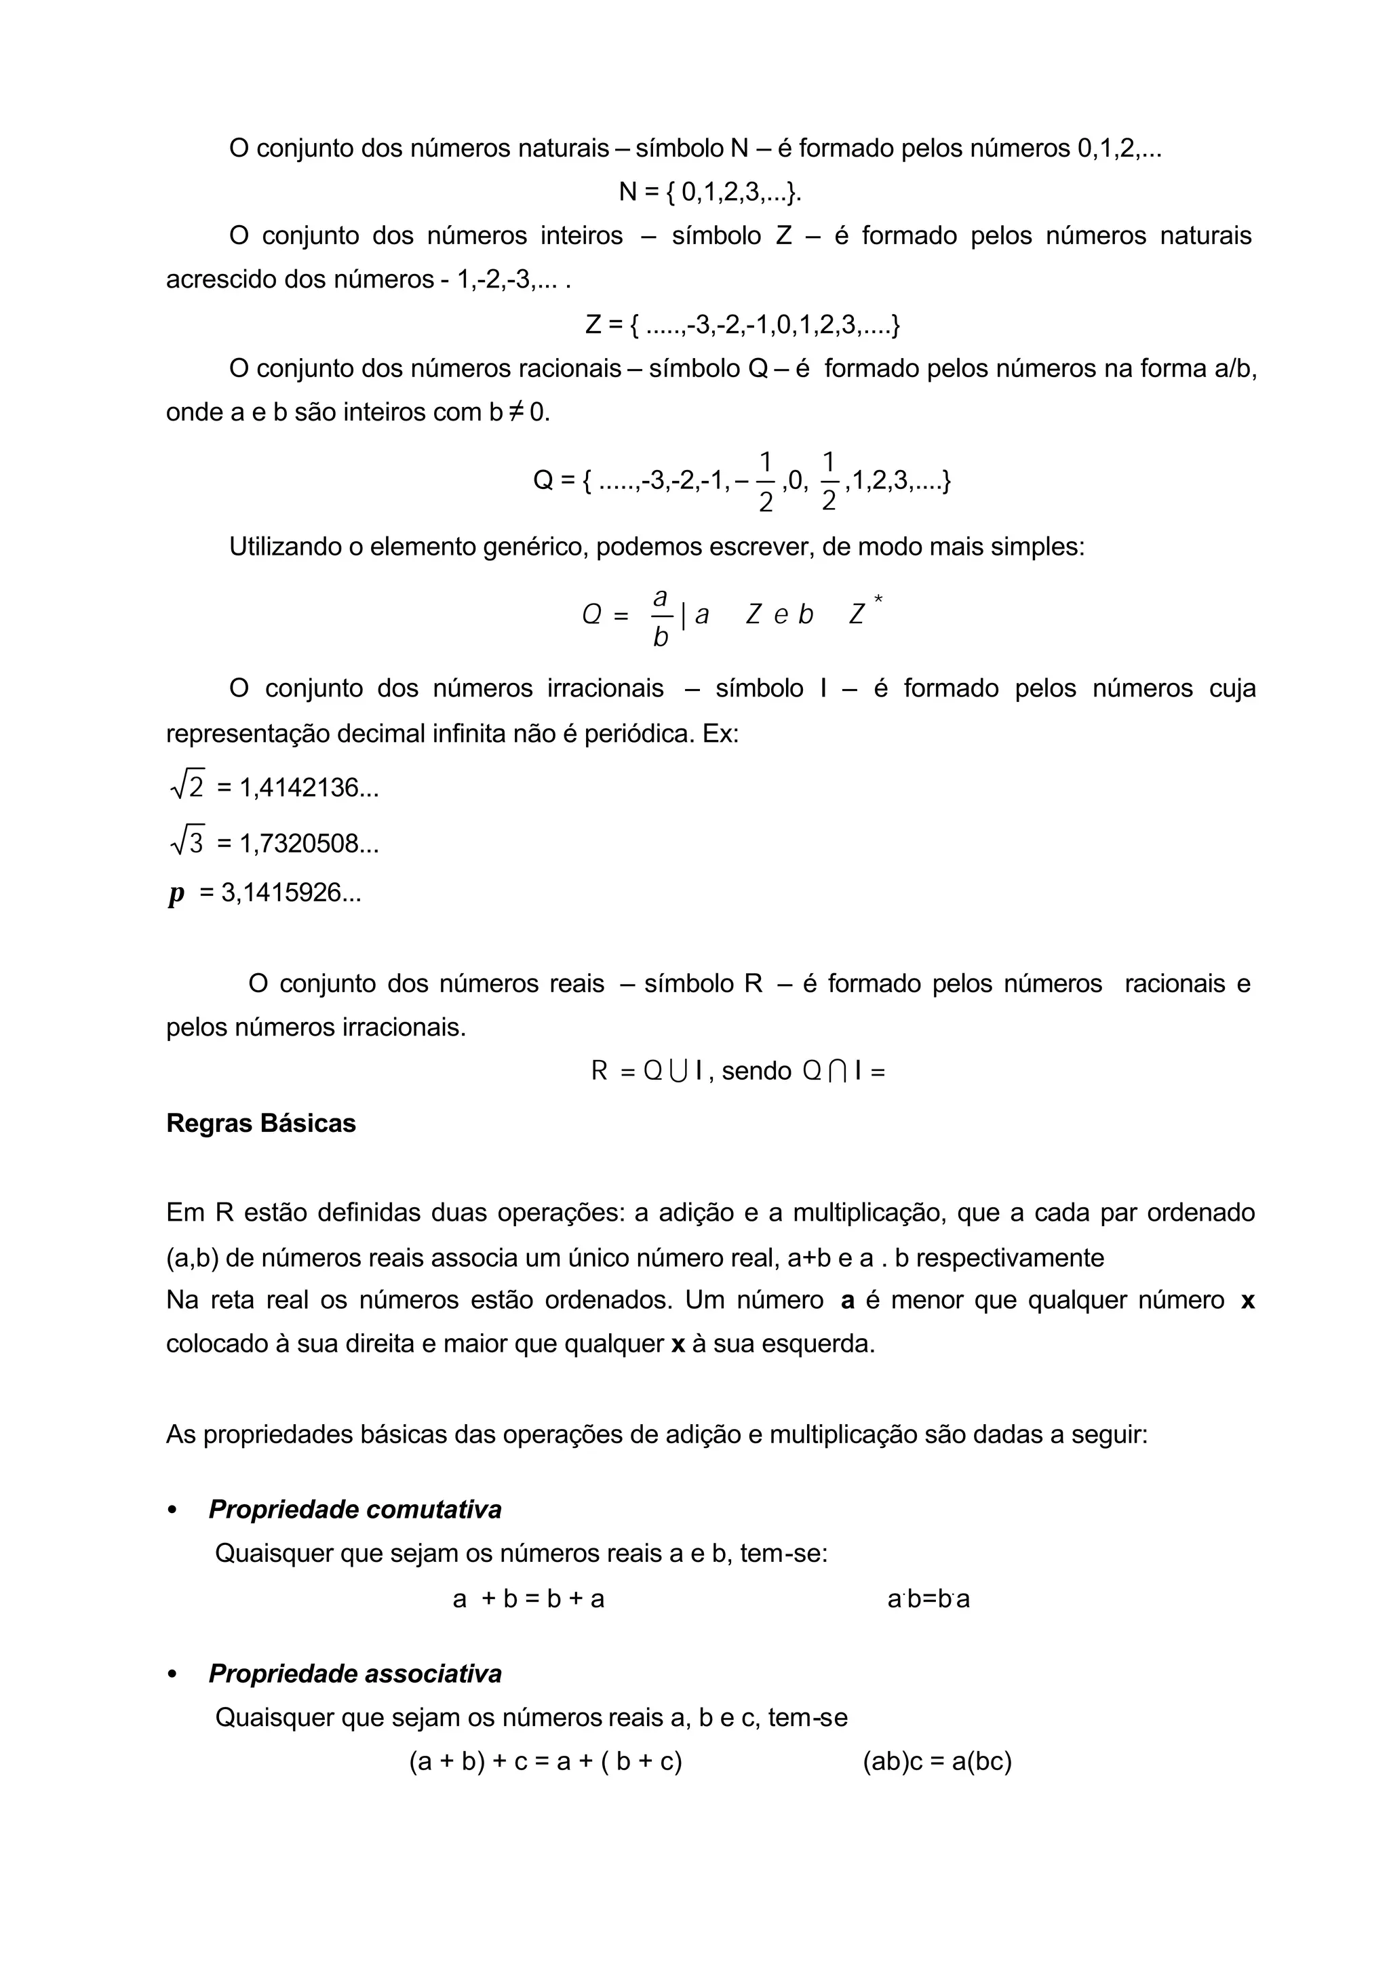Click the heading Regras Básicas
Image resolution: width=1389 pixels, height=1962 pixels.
[x=261, y=1123]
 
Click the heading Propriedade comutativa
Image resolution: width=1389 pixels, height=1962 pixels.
[x=354, y=1509]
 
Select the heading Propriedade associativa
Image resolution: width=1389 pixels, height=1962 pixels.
[x=354, y=1673]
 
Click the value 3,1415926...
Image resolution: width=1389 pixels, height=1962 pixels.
[x=291, y=894]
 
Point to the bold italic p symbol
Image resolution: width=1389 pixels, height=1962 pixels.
[x=176, y=895]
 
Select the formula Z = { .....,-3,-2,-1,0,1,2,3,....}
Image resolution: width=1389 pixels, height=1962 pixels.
[x=743, y=325]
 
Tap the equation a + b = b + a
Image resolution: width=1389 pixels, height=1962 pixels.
[x=528, y=1598]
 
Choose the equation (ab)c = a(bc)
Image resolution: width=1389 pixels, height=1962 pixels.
[x=937, y=1762]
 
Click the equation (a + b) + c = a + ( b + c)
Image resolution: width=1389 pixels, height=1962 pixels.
[x=546, y=1762]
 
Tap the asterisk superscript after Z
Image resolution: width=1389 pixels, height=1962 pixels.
[x=878, y=600]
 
